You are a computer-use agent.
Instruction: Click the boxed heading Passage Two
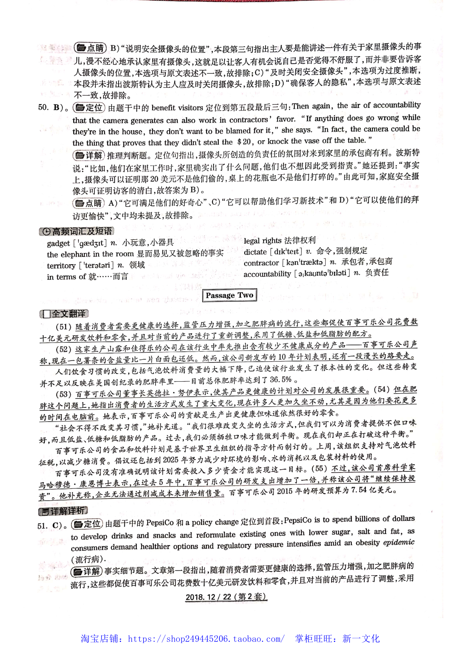point(229,295)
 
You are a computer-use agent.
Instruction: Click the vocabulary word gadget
point(58,244)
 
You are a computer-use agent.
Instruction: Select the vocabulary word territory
point(61,266)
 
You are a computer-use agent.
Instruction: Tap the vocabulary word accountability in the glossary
point(267,274)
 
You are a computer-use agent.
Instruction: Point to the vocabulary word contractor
point(261,263)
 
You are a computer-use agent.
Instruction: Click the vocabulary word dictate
point(255,252)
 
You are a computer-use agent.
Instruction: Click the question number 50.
point(43,108)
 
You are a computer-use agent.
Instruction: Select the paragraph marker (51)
point(64,327)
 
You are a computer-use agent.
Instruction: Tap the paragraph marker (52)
point(64,349)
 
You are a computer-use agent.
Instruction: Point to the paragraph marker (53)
point(64,394)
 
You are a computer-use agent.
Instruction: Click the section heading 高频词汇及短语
point(77,231)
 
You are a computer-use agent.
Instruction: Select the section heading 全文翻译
point(64,314)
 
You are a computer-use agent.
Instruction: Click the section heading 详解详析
point(63,511)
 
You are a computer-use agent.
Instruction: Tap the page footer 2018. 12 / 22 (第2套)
point(226,597)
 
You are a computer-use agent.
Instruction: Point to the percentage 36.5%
point(281,380)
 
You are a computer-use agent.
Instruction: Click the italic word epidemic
point(399,542)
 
